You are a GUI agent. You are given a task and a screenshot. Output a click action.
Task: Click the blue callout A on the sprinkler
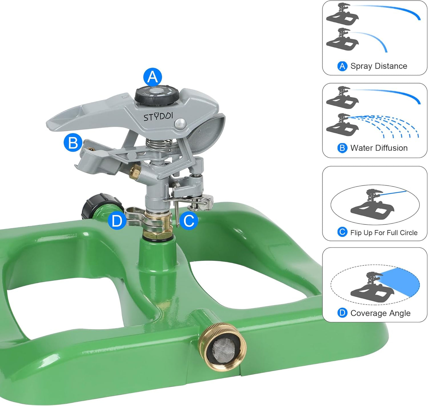pos(153,77)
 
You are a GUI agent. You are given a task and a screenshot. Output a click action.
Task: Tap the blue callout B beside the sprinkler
pos(73,143)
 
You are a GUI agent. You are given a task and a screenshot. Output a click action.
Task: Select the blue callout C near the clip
pos(189,221)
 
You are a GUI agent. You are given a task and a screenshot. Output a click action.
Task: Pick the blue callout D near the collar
pos(117,221)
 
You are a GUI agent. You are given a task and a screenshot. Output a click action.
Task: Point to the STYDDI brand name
pos(158,117)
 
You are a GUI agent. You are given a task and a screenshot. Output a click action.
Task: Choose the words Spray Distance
pos(379,66)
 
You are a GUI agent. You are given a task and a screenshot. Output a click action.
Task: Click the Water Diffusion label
pos(379,148)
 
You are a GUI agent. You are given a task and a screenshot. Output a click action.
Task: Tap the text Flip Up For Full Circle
pos(384,233)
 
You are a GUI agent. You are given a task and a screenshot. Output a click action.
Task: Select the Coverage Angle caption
pos(380,313)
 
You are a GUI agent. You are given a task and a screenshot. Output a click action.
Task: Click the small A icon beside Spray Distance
pos(342,66)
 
